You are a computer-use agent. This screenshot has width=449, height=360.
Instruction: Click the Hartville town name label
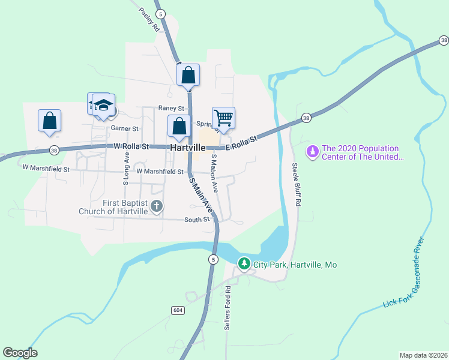[x=188, y=147]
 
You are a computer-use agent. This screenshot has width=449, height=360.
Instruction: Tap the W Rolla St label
[x=131, y=146]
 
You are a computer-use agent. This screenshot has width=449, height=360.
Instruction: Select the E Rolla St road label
[x=241, y=143]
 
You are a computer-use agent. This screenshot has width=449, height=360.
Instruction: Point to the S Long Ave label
[x=127, y=164]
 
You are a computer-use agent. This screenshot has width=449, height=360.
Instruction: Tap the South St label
[x=197, y=220]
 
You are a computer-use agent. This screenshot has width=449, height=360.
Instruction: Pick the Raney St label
[x=171, y=108]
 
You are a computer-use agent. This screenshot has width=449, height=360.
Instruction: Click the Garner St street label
[x=124, y=128]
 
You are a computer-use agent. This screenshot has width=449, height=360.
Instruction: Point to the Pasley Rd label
[x=149, y=20]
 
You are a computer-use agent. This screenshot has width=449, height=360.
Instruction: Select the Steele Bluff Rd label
[x=295, y=184]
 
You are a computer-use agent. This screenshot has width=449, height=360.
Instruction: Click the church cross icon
[x=157, y=207]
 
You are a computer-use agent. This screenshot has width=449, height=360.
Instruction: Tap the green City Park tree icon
[x=244, y=263]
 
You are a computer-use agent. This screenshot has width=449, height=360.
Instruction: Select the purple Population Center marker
[x=312, y=152]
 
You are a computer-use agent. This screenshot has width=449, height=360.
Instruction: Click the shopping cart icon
[x=223, y=118]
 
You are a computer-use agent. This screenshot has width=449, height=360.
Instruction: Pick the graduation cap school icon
[x=103, y=104]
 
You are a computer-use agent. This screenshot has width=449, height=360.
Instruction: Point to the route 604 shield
[x=177, y=310]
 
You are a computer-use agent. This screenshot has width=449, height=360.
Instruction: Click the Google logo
[x=20, y=353]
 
